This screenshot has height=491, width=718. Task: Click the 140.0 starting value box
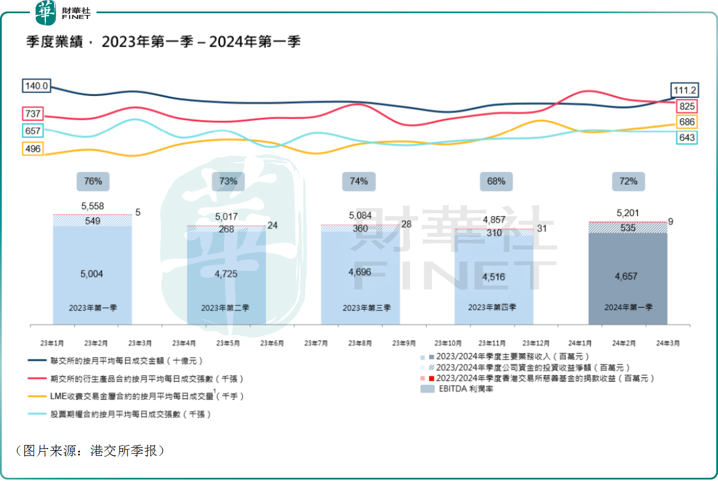click(x=36, y=86)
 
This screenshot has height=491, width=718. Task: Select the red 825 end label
click(x=686, y=106)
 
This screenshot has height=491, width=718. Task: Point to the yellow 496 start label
click(x=33, y=148)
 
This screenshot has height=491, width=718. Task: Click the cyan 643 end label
click(x=686, y=137)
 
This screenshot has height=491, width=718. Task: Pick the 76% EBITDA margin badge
click(x=93, y=181)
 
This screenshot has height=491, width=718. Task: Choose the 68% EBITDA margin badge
click(x=496, y=181)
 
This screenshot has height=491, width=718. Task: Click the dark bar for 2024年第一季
click(x=628, y=276)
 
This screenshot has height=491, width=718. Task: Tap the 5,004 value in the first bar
click(x=92, y=274)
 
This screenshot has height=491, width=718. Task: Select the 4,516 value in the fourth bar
click(x=494, y=277)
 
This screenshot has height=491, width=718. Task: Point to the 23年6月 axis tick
click(x=272, y=343)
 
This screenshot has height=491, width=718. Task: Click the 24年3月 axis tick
click(x=669, y=343)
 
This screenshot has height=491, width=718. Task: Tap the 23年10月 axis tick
click(x=449, y=343)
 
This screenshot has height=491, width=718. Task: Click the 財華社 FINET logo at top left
click(x=63, y=13)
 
